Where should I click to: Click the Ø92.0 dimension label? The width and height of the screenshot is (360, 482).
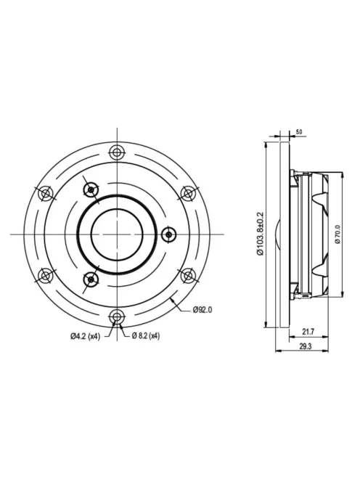coord(203,311)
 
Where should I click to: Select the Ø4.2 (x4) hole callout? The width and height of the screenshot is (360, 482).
coord(85,335)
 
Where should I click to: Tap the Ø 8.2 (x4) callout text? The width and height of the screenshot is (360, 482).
coord(143,335)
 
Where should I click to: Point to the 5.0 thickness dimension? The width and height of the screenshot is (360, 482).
coord(298,133)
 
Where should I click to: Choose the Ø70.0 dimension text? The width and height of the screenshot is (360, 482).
coord(337,234)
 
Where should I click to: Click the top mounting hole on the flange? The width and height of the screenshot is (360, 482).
coord(116,152)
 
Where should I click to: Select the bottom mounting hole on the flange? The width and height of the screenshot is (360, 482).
coord(116,316)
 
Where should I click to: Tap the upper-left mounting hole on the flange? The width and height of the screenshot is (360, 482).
coord(45,192)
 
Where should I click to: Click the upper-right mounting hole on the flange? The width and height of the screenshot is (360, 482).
coord(187,192)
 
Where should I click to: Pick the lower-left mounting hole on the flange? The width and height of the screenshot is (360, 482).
coord(45,275)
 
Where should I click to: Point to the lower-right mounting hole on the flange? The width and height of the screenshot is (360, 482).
coord(187,275)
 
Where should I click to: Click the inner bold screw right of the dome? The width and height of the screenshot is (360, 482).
coord(169,234)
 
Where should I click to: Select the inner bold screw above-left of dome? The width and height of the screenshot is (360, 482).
coord(90,189)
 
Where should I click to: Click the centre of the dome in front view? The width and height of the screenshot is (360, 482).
coord(116,234)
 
